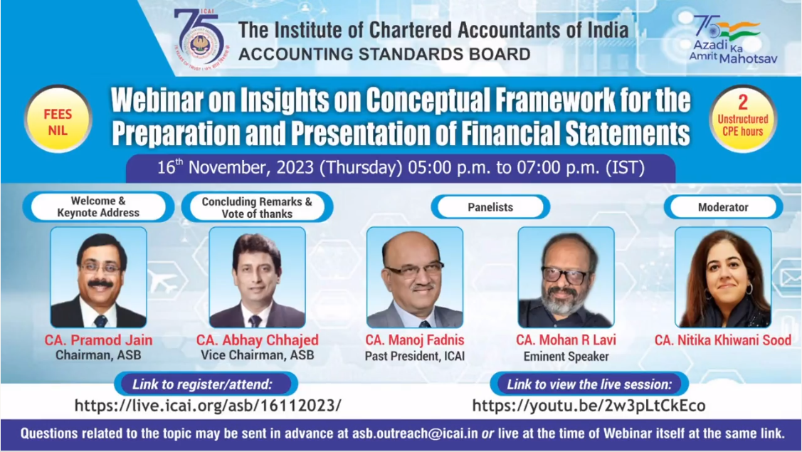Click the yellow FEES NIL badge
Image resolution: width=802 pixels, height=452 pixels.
58,120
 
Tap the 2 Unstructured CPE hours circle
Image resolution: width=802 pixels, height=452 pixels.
743,120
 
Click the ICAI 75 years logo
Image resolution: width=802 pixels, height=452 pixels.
201,39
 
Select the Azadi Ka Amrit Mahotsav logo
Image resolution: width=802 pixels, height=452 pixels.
733,39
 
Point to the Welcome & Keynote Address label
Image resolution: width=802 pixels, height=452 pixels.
98,207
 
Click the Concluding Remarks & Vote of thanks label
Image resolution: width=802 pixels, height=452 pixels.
257,207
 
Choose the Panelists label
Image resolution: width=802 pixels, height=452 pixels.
490,207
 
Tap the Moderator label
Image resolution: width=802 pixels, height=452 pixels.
723,207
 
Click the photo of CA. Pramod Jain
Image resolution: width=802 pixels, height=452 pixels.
98,277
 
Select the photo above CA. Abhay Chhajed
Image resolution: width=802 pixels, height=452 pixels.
258,277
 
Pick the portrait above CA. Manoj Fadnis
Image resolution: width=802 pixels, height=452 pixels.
415,277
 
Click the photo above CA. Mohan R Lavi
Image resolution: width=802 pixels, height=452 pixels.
566,277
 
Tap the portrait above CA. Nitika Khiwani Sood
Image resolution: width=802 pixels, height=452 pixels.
723,277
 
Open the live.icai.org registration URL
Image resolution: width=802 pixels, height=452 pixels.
208,406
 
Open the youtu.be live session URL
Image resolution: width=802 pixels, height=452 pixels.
589,406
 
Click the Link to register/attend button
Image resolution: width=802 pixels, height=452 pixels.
206,384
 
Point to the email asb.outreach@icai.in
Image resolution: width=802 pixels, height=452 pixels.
415,433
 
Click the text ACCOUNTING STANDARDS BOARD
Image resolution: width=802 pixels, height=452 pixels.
384,54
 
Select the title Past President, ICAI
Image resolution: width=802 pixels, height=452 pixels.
415,357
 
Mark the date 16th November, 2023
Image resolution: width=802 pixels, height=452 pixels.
236,167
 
